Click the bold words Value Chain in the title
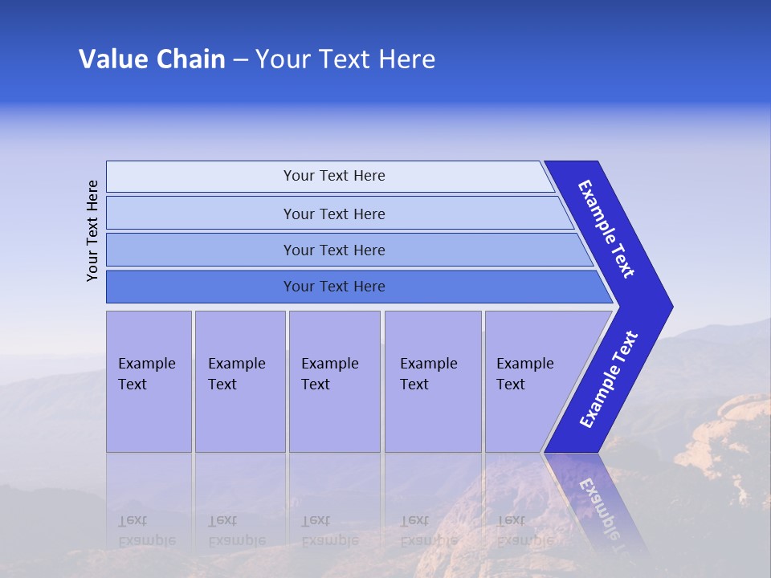click(152, 59)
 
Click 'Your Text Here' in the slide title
click(345, 59)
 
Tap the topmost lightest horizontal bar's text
click(334, 176)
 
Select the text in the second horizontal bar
click(334, 214)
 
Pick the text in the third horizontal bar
click(334, 250)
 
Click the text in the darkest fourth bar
click(334, 287)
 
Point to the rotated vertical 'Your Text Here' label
click(92, 230)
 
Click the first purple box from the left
click(149, 381)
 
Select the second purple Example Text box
click(239, 381)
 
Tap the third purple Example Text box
click(334, 381)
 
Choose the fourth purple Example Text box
click(433, 381)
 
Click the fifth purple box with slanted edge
click(530, 381)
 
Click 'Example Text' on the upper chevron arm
click(606, 229)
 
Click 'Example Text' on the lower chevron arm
click(609, 380)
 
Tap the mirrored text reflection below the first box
click(146, 531)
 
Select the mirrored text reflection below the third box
click(329, 531)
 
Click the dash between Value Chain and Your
click(240, 60)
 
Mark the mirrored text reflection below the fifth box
click(524, 531)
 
